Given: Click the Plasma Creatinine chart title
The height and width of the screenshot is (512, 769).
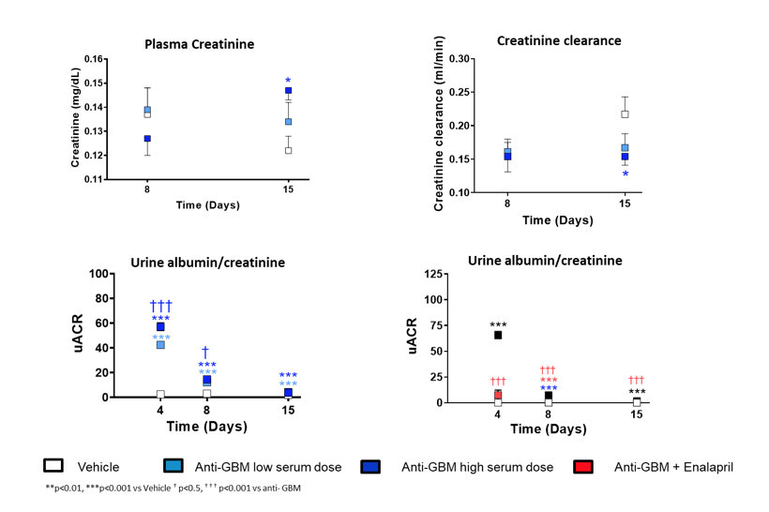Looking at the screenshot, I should pos(199,44).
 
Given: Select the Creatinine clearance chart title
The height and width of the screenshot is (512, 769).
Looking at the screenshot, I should pos(558,40).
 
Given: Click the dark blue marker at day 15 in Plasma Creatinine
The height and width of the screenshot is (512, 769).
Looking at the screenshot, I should pos(288,91).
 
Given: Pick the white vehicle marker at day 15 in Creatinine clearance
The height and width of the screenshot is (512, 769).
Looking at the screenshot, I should pos(625,114).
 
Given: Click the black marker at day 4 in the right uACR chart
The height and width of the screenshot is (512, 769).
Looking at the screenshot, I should pos(498,335).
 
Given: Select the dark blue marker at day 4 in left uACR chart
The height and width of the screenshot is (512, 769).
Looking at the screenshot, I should pos(160,327).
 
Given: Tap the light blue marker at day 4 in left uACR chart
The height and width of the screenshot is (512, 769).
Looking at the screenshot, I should pos(160,345).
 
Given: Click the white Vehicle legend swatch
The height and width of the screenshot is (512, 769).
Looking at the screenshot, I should pos(53,466).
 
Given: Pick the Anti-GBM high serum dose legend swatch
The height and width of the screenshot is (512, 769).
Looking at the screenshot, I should pos(373,466).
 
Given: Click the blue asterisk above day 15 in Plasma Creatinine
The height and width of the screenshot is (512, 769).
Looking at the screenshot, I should pos(288,81).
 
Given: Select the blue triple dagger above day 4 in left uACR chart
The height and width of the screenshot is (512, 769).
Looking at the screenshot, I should pos(160,306).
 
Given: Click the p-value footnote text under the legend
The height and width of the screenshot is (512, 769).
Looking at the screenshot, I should pos(173,489).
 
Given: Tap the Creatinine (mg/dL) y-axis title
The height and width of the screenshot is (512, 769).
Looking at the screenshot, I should pos(76,118).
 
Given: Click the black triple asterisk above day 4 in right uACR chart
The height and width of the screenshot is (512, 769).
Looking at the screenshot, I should pos(498,324).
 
